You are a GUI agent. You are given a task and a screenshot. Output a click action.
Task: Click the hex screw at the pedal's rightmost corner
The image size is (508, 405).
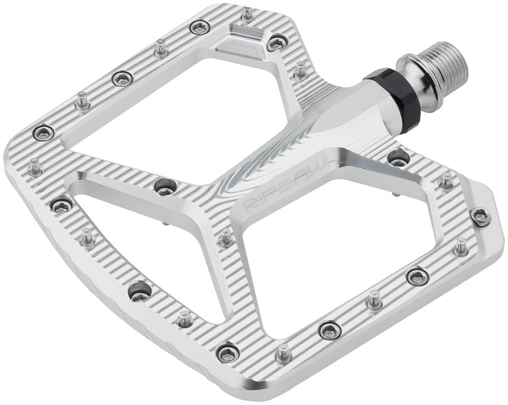click(480, 215)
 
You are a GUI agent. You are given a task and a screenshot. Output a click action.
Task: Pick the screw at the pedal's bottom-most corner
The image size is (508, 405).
click(227, 353)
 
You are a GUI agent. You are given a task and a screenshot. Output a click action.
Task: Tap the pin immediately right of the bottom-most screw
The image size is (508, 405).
click(283, 353)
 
